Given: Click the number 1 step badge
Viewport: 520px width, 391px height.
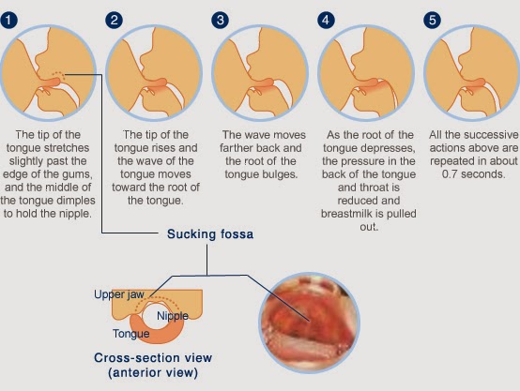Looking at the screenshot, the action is pos(8,21).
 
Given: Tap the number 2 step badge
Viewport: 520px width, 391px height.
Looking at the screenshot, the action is pos(115,21).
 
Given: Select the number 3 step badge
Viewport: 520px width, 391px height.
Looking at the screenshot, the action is pos(221,21).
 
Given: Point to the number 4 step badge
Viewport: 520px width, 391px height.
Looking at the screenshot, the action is pos(326,21).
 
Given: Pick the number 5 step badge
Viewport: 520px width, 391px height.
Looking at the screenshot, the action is pos(432,21).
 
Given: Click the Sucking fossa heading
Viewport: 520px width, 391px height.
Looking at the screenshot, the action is pos(210,233).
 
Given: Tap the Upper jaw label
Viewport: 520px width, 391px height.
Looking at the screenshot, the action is pos(119,294).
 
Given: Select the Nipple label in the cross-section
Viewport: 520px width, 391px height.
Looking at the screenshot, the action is pos(173,316).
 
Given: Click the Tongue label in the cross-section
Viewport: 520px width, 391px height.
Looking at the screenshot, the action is pos(131,334).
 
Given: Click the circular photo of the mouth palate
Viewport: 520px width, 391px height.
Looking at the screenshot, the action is pos(309,323).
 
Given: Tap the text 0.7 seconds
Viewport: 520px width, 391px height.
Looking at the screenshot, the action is pos(473,174).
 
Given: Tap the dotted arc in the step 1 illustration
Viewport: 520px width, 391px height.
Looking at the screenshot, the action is pos(57,74).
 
